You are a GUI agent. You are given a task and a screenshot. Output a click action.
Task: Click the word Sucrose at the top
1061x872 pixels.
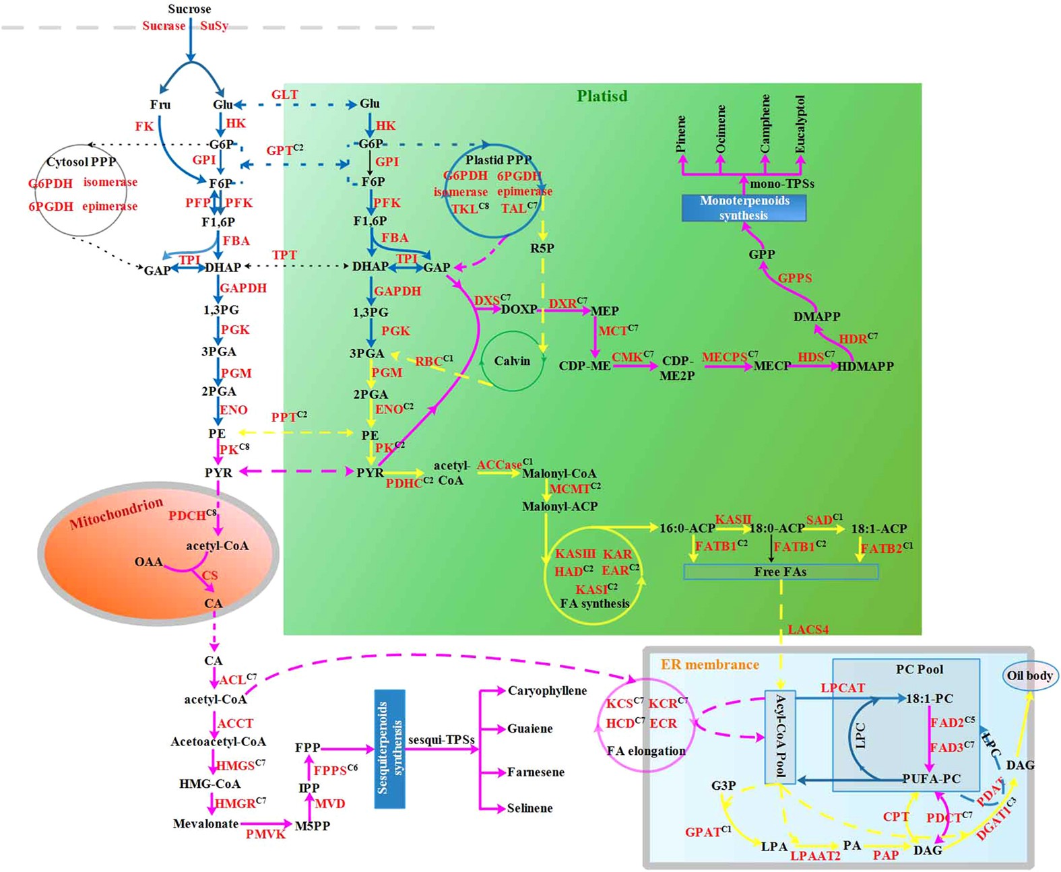[189, 9]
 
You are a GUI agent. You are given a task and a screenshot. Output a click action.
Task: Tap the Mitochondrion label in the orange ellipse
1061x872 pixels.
[116, 513]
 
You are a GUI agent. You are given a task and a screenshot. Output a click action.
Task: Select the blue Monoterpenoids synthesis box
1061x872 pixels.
[744, 207]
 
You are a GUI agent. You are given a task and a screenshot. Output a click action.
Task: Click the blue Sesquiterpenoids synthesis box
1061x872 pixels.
[389, 748]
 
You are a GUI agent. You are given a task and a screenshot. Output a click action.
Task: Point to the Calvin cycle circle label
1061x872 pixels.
[512, 361]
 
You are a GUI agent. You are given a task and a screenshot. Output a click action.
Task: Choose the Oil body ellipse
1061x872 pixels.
[1029, 675]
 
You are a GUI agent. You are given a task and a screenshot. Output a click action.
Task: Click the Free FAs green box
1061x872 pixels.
[780, 572]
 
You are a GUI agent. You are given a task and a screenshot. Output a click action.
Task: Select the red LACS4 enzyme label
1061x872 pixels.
[808, 630]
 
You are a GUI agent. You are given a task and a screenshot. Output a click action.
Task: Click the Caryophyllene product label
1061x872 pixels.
[547, 691]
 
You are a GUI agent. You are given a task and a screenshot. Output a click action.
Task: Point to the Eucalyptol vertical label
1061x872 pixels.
[800, 124]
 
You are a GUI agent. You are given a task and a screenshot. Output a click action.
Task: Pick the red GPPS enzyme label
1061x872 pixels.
[795, 278]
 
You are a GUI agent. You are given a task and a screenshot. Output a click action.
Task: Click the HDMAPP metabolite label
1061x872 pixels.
[865, 366]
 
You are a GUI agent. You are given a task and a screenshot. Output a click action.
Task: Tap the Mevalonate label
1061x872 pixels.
[205, 824]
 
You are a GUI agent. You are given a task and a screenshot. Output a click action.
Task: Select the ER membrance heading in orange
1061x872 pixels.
[709, 665]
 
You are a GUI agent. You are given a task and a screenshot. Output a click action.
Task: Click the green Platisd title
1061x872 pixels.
[602, 96]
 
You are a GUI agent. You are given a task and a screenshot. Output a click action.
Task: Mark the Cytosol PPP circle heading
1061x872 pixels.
[81, 162]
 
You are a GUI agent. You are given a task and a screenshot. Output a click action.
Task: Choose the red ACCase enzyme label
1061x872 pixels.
[499, 465]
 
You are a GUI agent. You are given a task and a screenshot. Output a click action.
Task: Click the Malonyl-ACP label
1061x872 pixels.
[560, 506]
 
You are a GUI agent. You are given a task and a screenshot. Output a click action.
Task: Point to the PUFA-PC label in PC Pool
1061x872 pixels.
[932, 778]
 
